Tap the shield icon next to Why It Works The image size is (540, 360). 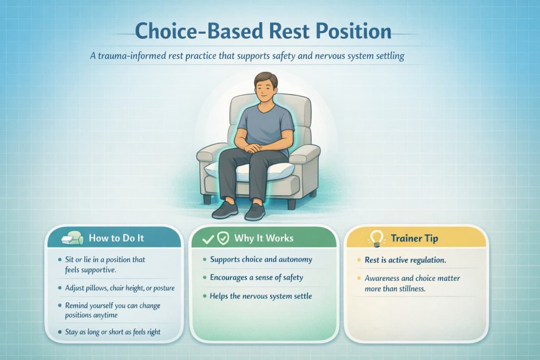coord(223,239)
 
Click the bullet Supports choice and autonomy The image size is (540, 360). coord(261,259)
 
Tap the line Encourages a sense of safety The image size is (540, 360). coord(256,277)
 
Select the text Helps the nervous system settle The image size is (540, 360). coord(261,296)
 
